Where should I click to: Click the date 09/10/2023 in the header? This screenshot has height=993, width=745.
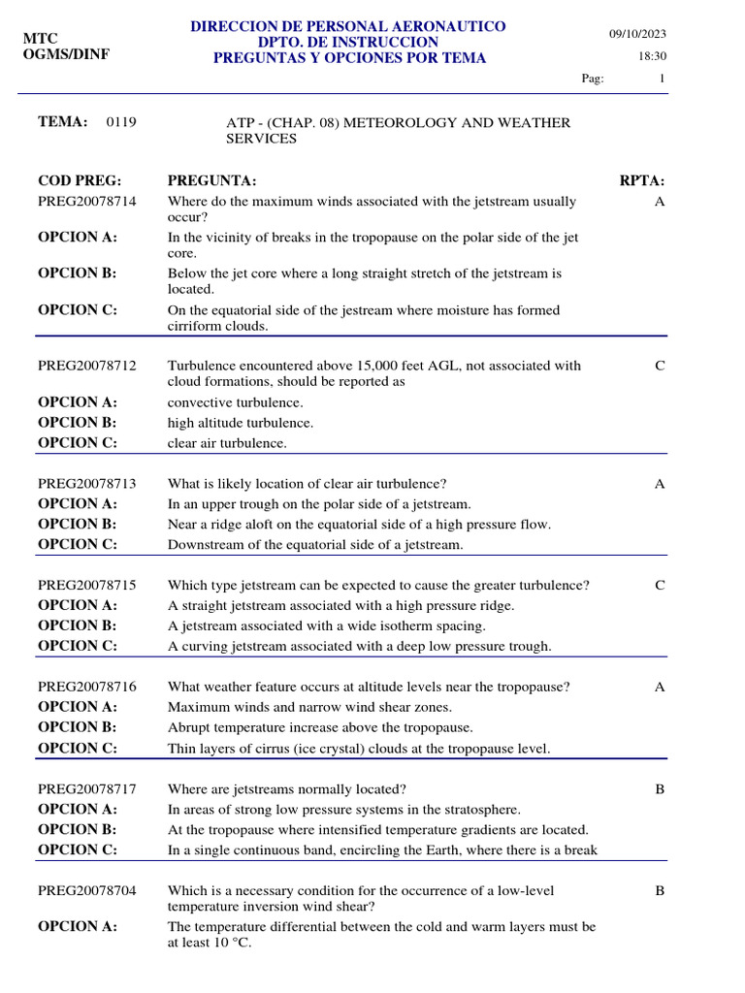click(x=637, y=34)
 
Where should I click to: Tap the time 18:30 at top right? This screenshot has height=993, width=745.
click(x=652, y=56)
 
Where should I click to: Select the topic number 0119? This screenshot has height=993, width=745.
click(x=121, y=122)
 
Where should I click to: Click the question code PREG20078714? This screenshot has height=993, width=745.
click(x=87, y=202)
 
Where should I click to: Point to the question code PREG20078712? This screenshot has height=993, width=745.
click(x=87, y=366)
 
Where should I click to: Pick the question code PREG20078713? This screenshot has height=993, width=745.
click(x=87, y=484)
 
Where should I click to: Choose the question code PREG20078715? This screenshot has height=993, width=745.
click(x=87, y=586)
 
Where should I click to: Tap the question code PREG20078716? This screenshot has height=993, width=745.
click(x=87, y=687)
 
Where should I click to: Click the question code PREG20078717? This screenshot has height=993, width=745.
click(x=87, y=789)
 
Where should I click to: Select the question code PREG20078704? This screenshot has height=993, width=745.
click(x=87, y=890)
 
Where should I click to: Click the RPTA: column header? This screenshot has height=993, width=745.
click(x=642, y=181)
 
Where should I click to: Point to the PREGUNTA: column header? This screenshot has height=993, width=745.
click(x=211, y=181)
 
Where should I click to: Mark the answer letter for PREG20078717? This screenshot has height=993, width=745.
click(x=660, y=789)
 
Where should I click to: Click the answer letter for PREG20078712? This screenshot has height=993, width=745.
click(x=660, y=366)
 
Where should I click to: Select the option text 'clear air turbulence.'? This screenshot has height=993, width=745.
click(x=228, y=443)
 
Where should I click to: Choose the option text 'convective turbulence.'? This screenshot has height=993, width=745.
click(x=236, y=402)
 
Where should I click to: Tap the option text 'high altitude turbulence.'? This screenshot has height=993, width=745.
click(x=241, y=423)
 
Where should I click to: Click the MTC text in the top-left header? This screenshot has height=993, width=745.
click(x=41, y=38)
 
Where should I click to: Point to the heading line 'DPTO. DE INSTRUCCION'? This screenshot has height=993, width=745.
click(x=348, y=42)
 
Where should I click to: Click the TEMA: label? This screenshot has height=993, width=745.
click(x=63, y=122)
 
